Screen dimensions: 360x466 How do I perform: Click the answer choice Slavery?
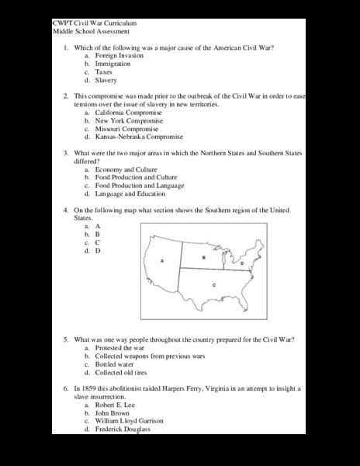(107, 79)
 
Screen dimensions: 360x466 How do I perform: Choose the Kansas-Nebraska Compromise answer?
(138, 137)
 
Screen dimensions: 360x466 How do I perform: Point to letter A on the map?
(161, 261)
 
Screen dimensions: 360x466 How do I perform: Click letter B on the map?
(203, 256)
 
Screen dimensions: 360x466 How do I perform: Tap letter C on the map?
(213, 286)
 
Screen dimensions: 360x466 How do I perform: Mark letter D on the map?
(242, 264)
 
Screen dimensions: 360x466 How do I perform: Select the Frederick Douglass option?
(124, 429)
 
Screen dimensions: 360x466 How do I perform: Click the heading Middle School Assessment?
(91, 32)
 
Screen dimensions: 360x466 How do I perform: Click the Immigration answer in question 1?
(113, 64)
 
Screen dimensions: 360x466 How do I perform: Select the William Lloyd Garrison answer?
(130, 421)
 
